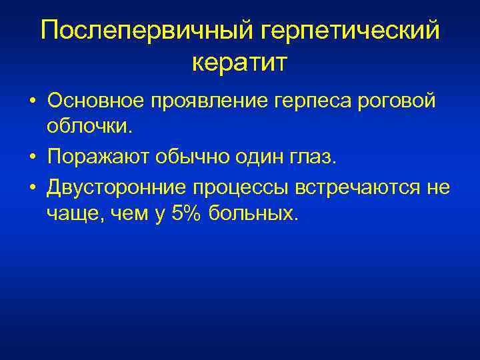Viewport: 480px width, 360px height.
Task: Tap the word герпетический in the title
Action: [x=349, y=30]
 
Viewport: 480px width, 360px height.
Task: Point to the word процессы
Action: [x=239, y=189]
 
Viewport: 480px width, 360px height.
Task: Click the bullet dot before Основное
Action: [x=32, y=102]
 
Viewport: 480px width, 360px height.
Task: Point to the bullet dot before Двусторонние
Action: [x=32, y=188]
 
